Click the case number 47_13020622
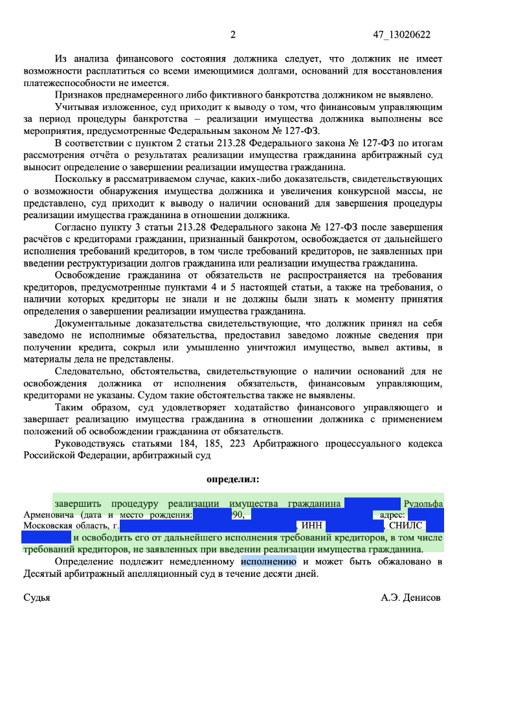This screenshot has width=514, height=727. click(402, 35)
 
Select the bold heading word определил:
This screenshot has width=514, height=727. click(232, 480)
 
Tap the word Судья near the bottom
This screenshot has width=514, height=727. click(37, 598)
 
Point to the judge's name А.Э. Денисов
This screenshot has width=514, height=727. click(410, 598)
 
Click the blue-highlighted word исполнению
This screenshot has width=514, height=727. click(268, 561)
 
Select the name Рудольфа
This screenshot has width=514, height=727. click(423, 503)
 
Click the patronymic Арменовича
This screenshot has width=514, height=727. click(50, 515)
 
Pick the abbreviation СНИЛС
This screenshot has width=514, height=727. click(406, 526)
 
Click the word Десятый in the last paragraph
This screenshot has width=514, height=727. click(43, 573)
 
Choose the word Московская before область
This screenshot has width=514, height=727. click(48, 526)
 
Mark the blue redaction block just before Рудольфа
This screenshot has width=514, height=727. click(372, 503)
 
